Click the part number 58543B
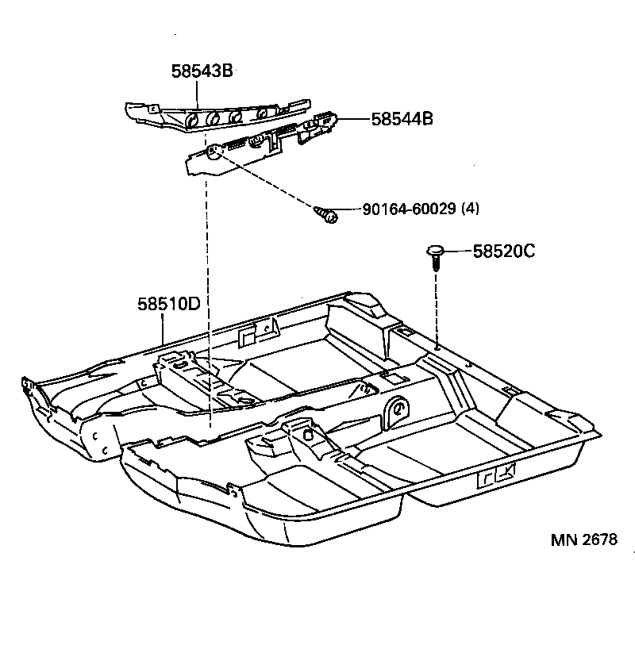201,71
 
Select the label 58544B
402,120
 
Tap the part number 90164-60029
409,209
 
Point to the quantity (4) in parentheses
471,209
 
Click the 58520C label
504,252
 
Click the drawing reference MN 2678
584,540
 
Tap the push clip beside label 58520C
434,253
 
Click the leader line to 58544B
354,120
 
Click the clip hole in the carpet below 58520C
437,346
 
